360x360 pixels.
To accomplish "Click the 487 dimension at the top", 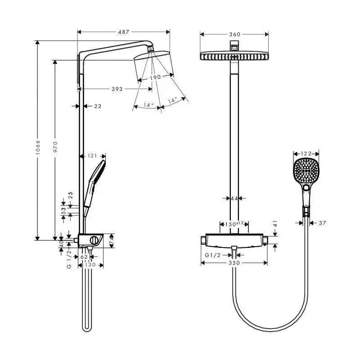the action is (x=123, y=32).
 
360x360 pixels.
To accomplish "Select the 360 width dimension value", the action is (x=234, y=35).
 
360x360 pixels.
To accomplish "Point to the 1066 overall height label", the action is (x=38, y=147).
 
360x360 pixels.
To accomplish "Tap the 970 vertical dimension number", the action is (x=55, y=147).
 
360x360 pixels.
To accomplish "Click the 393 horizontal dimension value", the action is (x=117, y=89).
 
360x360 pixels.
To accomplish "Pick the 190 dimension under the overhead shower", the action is (x=155, y=77).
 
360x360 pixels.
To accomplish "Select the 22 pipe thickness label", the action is (x=98, y=106).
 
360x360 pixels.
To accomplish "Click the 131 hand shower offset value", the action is (x=92, y=156).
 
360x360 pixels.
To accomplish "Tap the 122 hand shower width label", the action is (x=306, y=153).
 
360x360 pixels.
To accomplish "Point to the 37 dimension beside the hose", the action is (x=322, y=223).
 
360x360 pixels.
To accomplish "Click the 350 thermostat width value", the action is (x=234, y=263).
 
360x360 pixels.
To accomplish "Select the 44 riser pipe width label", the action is (x=234, y=198).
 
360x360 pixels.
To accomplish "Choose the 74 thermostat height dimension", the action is (x=112, y=241).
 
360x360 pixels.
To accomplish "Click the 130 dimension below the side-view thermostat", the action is (x=90, y=265).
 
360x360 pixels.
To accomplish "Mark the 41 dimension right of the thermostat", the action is (x=275, y=224).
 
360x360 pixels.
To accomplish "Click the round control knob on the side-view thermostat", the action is (x=94, y=240).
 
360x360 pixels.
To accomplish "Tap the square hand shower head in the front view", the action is (x=306, y=171).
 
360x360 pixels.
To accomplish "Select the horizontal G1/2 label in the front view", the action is (x=212, y=255).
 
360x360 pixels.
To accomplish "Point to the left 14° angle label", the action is (x=149, y=105).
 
